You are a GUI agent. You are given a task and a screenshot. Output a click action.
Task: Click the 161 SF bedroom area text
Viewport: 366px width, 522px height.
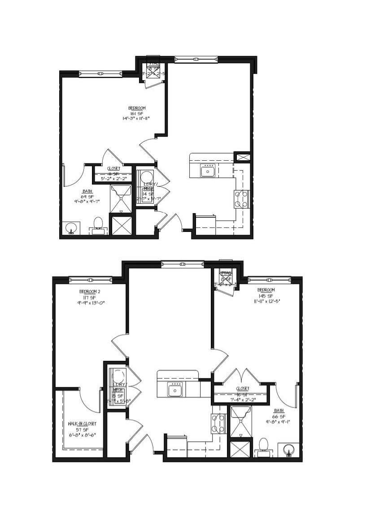tap(137, 113)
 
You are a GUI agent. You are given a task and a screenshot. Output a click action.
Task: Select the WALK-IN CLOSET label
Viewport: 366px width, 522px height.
tap(82, 424)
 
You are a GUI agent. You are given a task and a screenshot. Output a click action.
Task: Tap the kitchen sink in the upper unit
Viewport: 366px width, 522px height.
tap(208, 171)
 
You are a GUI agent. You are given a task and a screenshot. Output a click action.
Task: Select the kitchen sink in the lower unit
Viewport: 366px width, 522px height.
tap(175, 390)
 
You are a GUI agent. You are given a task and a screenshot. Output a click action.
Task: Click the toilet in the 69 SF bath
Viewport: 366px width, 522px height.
tap(98, 224)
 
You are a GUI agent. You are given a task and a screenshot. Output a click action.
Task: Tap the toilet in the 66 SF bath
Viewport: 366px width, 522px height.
tap(263, 446)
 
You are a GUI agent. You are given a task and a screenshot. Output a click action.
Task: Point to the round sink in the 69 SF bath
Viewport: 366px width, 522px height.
tap(70, 229)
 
